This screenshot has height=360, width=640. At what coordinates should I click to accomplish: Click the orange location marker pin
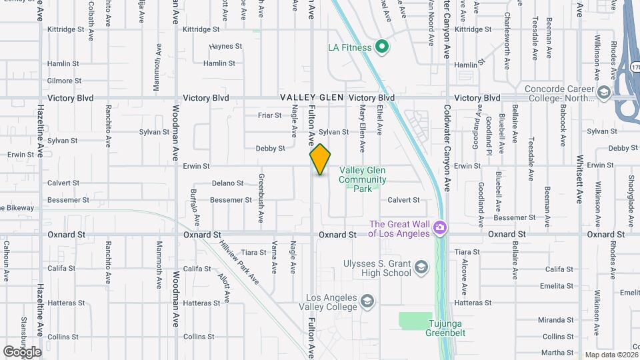320,159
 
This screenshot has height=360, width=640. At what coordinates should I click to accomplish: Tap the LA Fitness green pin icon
382,47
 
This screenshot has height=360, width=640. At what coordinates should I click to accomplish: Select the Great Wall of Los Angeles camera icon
439,228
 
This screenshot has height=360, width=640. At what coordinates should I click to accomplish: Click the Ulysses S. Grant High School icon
421,268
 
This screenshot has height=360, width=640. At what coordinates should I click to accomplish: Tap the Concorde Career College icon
605,93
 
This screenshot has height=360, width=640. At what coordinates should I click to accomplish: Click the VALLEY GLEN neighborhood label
311,97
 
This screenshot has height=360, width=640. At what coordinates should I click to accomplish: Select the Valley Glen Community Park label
362,179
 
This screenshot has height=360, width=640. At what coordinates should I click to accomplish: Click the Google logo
22,351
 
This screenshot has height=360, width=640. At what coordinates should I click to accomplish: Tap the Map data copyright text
611,355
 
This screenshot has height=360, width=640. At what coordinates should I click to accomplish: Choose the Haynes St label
225,47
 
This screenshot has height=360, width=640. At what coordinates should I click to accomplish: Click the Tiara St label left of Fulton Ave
253,252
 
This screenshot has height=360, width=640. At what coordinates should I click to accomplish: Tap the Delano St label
227,183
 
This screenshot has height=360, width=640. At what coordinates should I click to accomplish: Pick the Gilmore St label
64,81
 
